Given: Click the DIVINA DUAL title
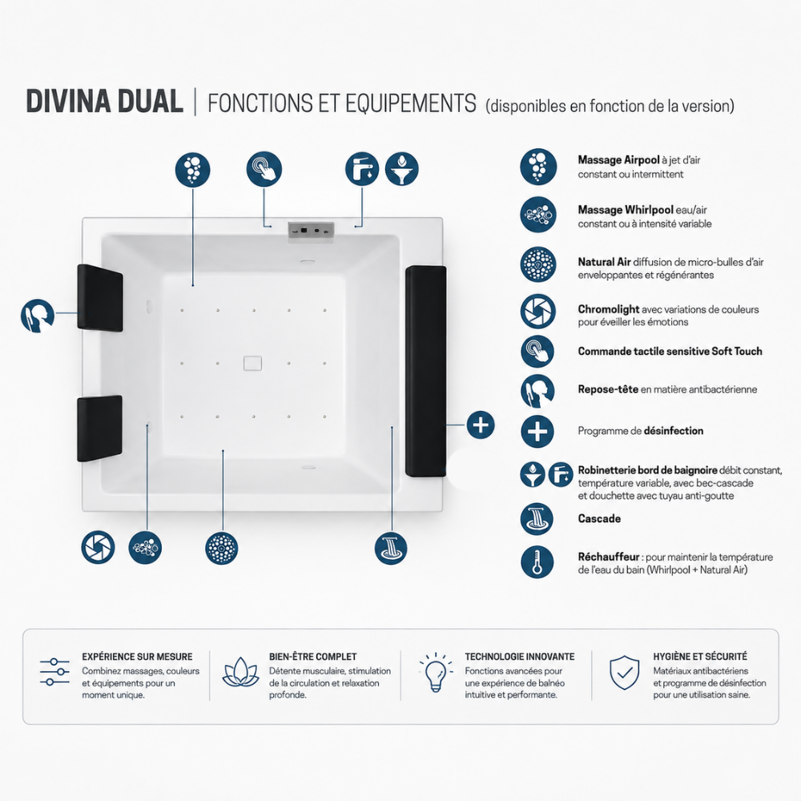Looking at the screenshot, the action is pyautogui.click(x=105, y=101).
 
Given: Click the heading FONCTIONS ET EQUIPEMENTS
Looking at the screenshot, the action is pyautogui.click(x=342, y=103).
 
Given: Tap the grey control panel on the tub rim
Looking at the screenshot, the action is pyautogui.click(x=311, y=231).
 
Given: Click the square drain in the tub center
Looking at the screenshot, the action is pyautogui.click(x=253, y=363).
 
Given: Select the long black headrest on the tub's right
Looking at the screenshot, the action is pyautogui.click(x=425, y=371).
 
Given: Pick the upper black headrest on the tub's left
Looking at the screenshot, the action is pyautogui.click(x=100, y=298).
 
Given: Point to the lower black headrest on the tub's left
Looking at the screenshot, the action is pyautogui.click(x=99, y=428).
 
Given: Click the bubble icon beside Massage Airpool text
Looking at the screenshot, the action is pyautogui.click(x=538, y=167).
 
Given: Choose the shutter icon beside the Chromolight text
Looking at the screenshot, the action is pyautogui.click(x=538, y=311).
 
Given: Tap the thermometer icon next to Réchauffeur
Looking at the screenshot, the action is pyautogui.click(x=537, y=562).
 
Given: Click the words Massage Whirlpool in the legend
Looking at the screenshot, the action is pyautogui.click(x=626, y=210).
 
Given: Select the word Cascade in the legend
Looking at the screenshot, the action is pyautogui.click(x=599, y=518).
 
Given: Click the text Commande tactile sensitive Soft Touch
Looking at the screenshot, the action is pyautogui.click(x=670, y=351).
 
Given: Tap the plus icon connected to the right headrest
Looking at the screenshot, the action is pyautogui.click(x=481, y=425).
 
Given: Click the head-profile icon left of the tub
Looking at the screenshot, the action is pyautogui.click(x=38, y=316).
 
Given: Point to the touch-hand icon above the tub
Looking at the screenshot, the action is pyautogui.click(x=264, y=168).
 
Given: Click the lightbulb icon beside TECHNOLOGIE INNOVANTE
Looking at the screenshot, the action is pyautogui.click(x=436, y=672).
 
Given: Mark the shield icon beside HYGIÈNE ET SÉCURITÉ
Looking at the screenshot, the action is pyautogui.click(x=624, y=672).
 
